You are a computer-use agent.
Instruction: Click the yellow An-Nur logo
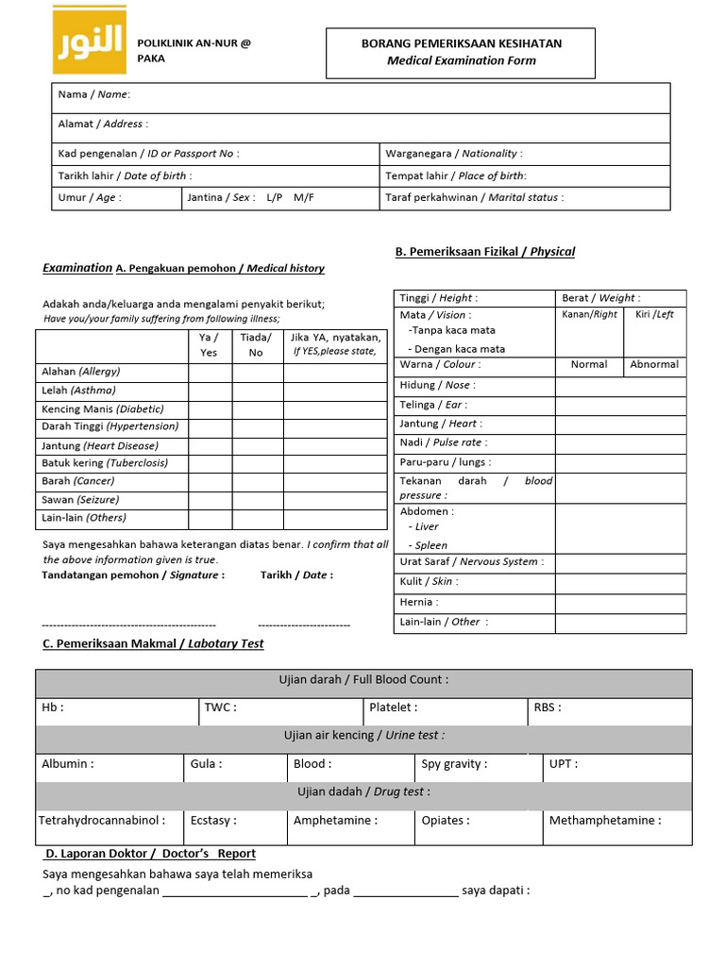[x=89, y=40]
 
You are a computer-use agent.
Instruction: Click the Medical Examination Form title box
[x=461, y=53]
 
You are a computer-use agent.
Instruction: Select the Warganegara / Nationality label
[x=453, y=153]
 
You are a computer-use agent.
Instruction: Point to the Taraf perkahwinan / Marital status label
[x=474, y=197]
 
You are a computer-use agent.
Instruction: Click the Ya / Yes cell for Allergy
[x=210, y=372]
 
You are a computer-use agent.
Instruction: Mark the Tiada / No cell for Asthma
[x=257, y=390]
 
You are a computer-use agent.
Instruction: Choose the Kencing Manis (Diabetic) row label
[x=103, y=408]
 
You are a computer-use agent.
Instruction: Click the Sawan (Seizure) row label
[x=80, y=499]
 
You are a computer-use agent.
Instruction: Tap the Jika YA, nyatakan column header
[x=335, y=344]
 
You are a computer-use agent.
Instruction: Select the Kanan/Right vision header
[x=589, y=314]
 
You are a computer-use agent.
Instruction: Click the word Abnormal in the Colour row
[x=654, y=364]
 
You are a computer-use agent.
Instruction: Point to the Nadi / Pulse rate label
[x=444, y=442]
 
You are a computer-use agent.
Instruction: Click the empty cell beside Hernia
[x=620, y=602]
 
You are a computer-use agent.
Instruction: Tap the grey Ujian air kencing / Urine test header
[x=363, y=735]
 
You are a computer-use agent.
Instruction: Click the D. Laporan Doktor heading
[x=151, y=854]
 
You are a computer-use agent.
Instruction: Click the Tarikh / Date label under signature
[x=296, y=575]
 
